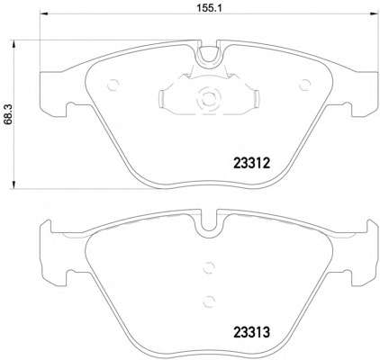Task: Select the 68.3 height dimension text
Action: pyautogui.click(x=9, y=112)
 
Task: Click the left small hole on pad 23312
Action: pyautogui.click(x=113, y=86)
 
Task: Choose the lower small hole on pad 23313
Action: pyautogui.click(x=209, y=301)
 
